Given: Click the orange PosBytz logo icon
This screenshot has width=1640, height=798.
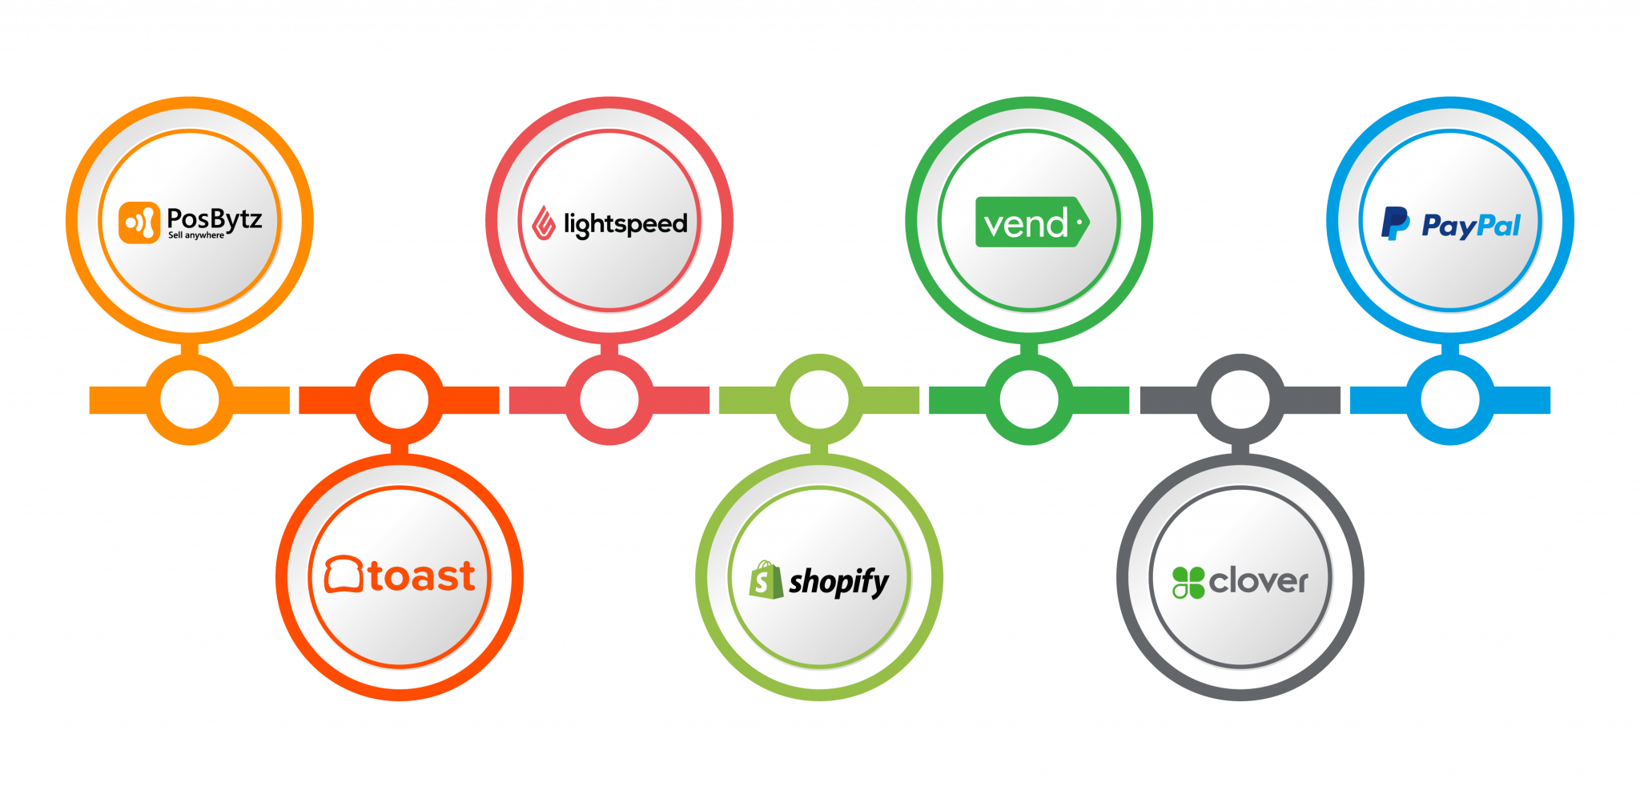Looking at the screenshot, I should (x=139, y=223).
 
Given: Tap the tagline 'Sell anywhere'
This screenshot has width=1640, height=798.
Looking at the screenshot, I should (x=196, y=235).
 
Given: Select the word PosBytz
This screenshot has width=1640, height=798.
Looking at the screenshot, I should (x=214, y=219).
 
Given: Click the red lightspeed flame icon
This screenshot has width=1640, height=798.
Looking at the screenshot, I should (x=544, y=223).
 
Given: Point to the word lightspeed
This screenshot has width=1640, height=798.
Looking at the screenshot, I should (x=625, y=224).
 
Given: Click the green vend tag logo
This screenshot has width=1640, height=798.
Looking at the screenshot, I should (x=1031, y=222).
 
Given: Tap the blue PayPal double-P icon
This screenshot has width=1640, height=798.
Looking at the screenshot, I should (x=1394, y=223).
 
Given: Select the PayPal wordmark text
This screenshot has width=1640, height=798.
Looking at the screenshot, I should (x=1471, y=226).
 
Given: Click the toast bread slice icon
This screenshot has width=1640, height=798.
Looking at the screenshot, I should (x=344, y=575).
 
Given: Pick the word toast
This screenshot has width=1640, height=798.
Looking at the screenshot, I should (x=422, y=576).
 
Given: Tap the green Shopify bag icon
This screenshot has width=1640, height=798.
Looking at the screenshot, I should (x=765, y=579).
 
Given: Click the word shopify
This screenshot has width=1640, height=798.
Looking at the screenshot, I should (x=838, y=582).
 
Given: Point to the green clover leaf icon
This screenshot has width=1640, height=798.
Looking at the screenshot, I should (x=1188, y=582).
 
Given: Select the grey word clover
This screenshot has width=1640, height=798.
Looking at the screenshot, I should (x=1258, y=581).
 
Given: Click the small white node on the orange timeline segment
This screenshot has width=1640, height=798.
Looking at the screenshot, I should (x=190, y=399).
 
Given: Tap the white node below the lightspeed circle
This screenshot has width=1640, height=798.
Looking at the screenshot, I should (x=609, y=399).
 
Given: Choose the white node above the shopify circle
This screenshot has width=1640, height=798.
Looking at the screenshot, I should (x=819, y=399).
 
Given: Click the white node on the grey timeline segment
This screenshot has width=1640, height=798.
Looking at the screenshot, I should (x=1240, y=399).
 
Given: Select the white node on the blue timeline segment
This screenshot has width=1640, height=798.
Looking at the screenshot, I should (x=1450, y=399).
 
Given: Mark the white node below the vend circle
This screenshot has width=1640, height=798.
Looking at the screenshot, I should (x=1029, y=399).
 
